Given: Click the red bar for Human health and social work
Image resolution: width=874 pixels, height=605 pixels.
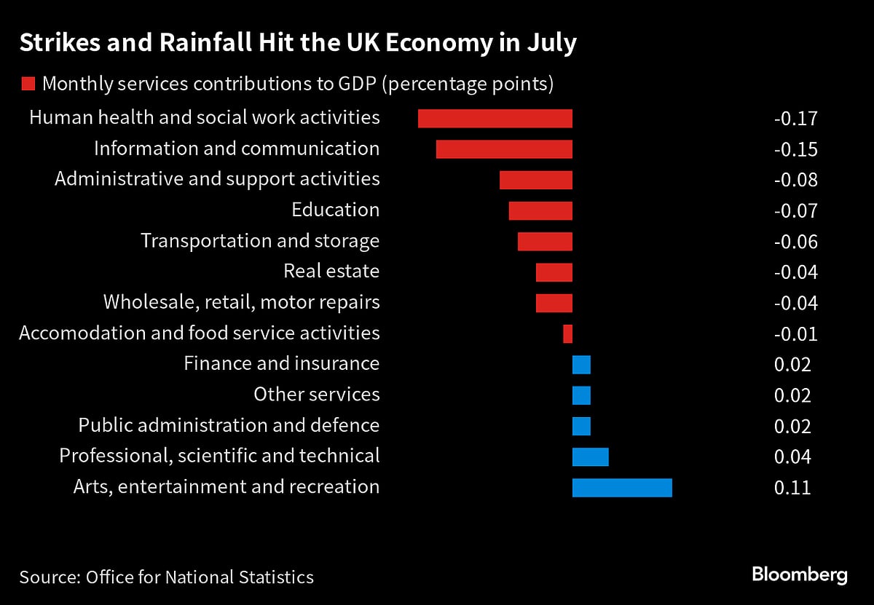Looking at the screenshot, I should tap(495, 119).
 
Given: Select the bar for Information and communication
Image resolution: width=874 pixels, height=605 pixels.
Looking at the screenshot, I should tap(504, 149).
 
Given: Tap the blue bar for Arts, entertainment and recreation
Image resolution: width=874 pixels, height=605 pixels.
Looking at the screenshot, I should tap(622, 487).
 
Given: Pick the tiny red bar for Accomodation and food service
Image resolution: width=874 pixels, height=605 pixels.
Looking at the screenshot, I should tap(567, 334).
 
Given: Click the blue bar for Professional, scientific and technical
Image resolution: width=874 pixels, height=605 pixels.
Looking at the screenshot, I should tap(590, 456).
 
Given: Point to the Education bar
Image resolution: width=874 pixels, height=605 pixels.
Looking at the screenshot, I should tap(540, 211).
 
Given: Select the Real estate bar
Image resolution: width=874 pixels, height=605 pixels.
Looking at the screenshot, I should tap(554, 272).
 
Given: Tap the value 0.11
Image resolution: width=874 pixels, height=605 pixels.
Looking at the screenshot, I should tap(792, 487).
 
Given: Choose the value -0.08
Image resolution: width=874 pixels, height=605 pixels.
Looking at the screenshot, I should tap(795, 181).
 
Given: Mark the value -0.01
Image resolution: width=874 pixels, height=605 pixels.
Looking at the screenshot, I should tap(795, 334).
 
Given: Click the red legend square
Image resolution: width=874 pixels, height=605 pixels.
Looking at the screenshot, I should tap(28, 84).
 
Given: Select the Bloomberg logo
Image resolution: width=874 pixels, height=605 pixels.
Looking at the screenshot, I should tap(799, 574).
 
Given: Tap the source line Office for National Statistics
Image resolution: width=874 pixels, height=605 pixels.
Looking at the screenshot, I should tap(200, 577).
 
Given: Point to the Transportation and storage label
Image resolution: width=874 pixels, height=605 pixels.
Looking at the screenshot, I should tap(260, 241).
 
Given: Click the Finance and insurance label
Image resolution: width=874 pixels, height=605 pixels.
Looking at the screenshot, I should tap(281, 363).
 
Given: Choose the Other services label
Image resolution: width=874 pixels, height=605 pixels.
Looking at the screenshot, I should tap(316, 395).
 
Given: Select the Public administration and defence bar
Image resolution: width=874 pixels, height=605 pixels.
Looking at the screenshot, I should tap(581, 426).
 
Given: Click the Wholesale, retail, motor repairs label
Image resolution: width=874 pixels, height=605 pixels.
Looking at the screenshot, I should tap(241, 302).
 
